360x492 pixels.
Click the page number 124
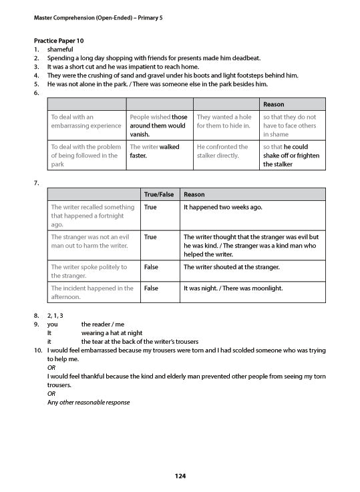(x=180, y=476)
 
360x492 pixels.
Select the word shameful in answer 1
(x=60, y=49)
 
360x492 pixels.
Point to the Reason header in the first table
(x=274, y=105)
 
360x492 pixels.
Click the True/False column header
(x=159, y=194)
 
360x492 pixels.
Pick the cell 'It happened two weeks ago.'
(x=222, y=208)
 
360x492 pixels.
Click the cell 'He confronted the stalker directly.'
(x=222, y=151)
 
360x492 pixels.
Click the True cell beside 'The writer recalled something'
(x=150, y=208)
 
